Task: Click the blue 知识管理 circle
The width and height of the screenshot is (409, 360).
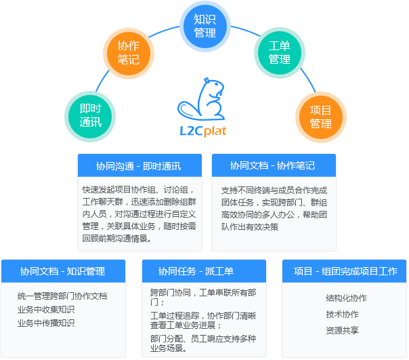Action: point(205,26)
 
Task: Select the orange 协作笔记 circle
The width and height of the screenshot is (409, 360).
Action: point(129,54)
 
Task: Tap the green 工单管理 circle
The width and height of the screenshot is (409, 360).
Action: point(280,53)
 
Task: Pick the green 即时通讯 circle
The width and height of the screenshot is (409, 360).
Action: point(90,117)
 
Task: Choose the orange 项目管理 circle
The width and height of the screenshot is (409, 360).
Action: point(320,117)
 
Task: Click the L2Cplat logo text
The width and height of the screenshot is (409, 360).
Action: point(203,131)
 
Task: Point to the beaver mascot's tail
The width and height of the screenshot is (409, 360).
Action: point(188,110)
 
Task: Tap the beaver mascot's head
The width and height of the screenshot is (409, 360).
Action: point(214,86)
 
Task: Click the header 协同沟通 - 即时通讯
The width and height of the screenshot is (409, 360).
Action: point(139,166)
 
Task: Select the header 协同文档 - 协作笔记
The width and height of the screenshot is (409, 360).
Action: point(273,165)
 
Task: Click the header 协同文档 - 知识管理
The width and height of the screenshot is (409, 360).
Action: point(62,271)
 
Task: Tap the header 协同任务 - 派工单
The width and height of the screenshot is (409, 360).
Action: point(196,271)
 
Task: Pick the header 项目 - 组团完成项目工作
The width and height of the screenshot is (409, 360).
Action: point(345,271)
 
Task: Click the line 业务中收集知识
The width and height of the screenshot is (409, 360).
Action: point(46,310)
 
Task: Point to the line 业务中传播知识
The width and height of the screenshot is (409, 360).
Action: point(46,323)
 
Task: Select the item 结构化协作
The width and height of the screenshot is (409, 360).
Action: point(346,298)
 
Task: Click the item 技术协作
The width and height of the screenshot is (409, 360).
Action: point(342,315)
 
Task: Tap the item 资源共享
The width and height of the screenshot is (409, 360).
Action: point(342,330)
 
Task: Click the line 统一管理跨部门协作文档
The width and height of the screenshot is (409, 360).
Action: point(62,296)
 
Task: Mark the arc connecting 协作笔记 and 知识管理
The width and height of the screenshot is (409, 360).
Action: point(164,31)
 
